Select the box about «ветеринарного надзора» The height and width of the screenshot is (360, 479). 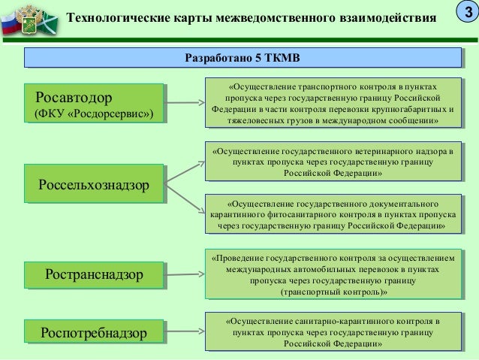pyautogui.click(x=333, y=162)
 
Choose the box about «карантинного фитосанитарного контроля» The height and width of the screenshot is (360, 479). pyautogui.click(x=333, y=213)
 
